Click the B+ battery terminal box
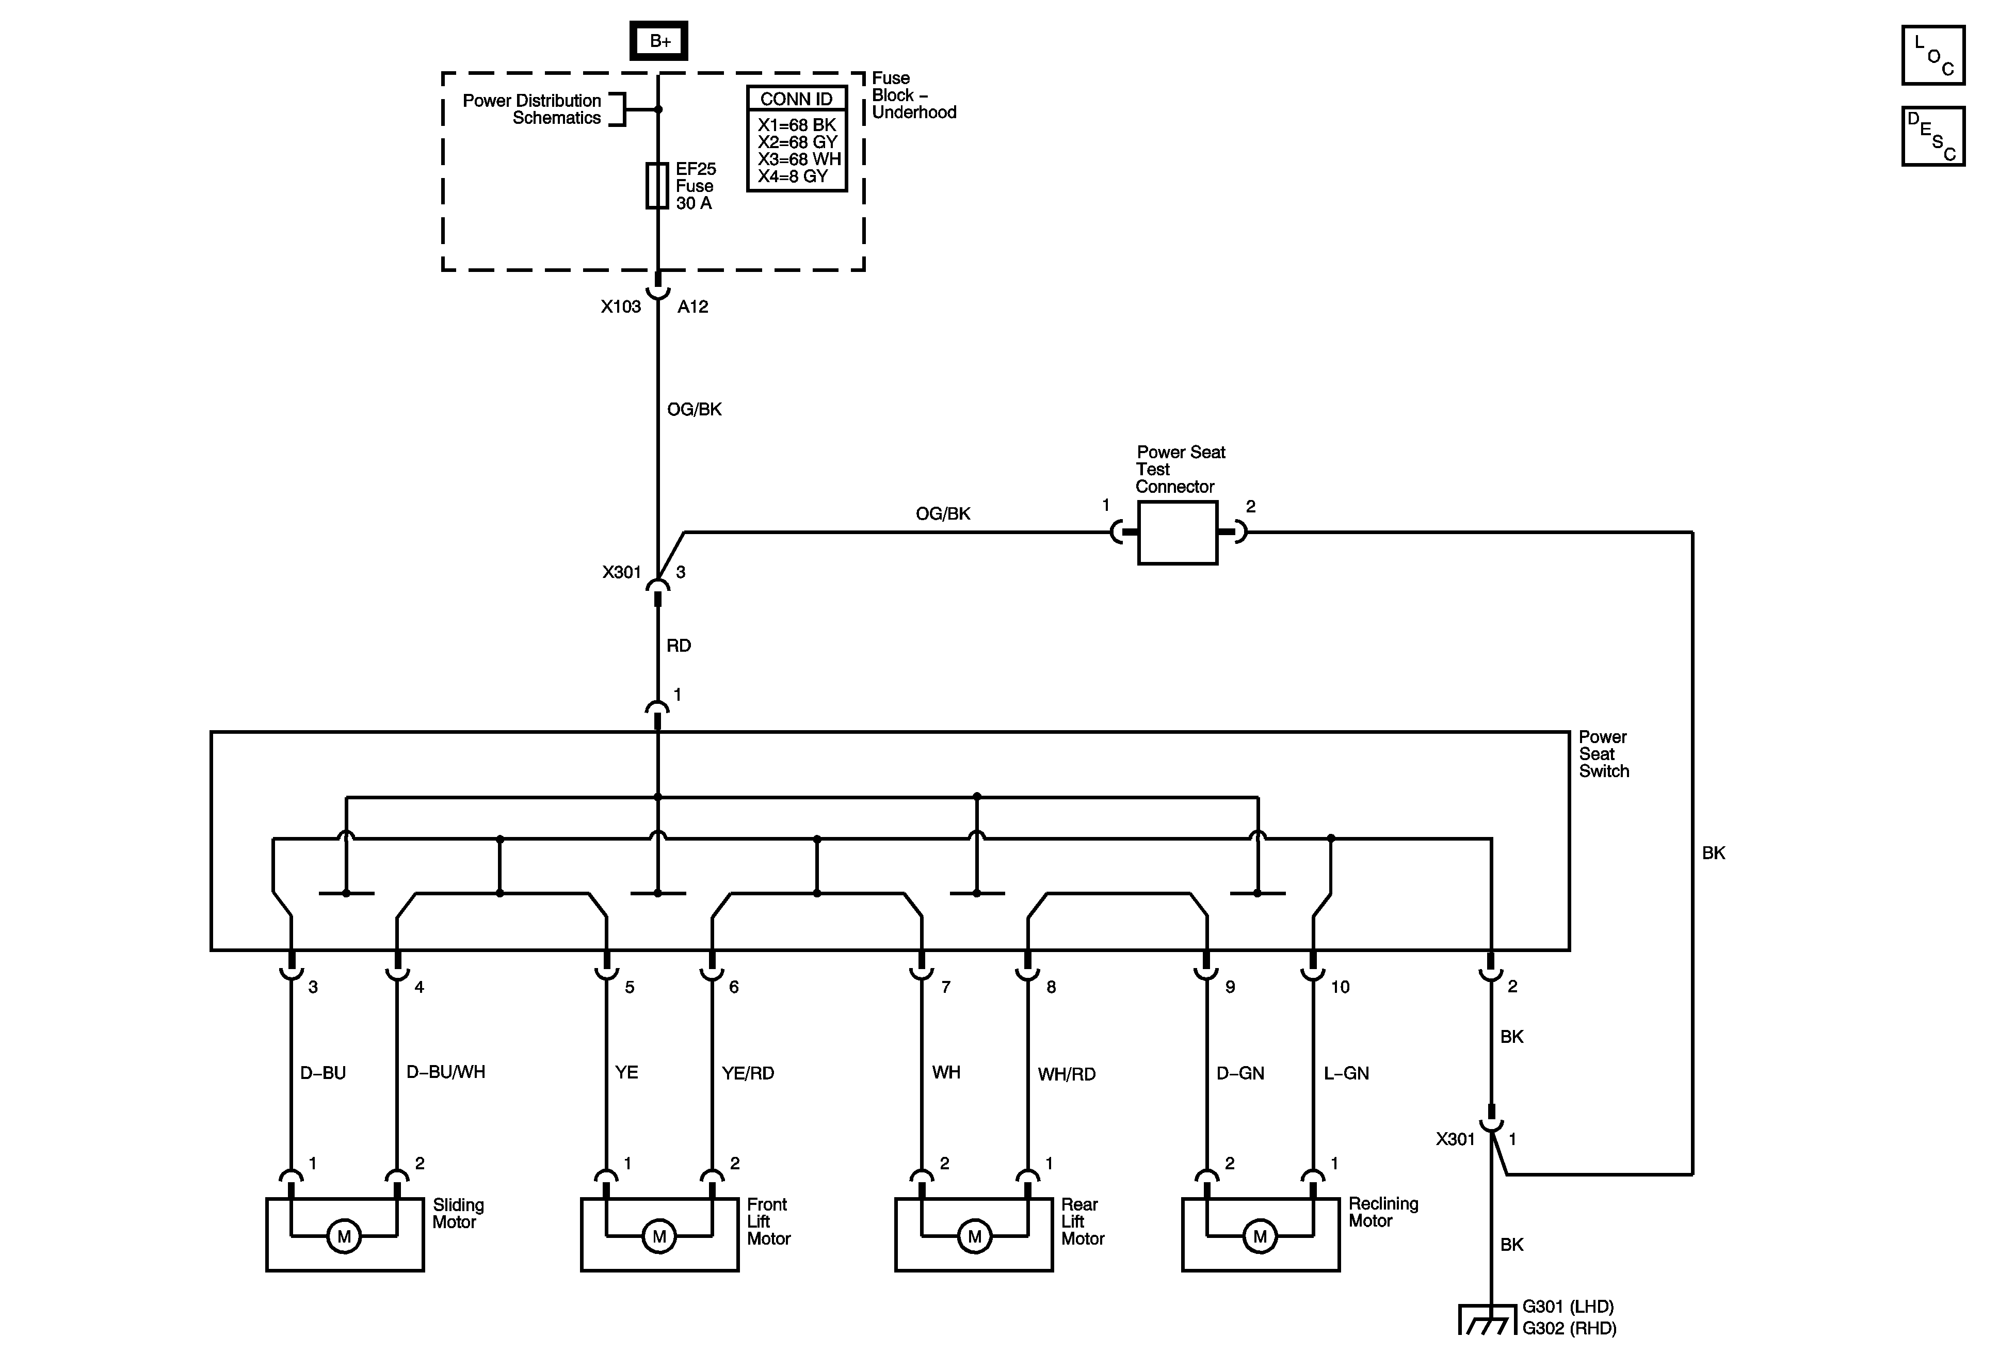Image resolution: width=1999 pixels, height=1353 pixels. click(x=659, y=40)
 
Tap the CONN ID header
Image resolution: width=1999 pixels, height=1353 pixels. click(x=797, y=99)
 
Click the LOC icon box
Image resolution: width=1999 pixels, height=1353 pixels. click(x=1933, y=55)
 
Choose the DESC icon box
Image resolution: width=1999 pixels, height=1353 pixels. click(x=1933, y=136)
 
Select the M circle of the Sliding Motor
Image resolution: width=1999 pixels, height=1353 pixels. click(x=344, y=1237)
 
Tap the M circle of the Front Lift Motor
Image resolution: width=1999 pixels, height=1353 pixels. click(x=659, y=1237)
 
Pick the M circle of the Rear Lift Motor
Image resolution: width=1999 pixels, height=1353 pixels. click(x=975, y=1237)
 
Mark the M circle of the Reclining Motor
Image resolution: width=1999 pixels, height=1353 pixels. click(x=1260, y=1237)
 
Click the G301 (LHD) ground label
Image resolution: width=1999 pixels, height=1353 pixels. click(x=1567, y=1307)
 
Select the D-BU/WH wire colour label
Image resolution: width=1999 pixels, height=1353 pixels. click(x=445, y=1072)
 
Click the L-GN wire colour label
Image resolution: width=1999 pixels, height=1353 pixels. click(x=1346, y=1073)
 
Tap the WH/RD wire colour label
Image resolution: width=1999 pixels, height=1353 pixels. click(x=1067, y=1073)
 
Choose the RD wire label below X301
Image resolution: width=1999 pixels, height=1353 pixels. click(x=679, y=645)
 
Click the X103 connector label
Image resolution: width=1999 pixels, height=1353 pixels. click(x=621, y=306)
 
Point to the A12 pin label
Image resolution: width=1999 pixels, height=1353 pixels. click(x=692, y=306)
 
